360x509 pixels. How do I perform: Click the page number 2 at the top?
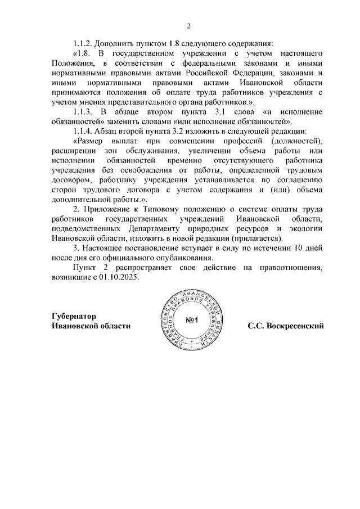[x=189, y=25]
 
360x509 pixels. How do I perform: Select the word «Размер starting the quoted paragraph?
[x=89, y=141]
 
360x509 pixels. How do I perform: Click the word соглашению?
[x=300, y=180]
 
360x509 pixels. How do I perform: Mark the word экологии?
[x=304, y=229]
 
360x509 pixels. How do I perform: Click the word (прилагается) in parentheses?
[x=260, y=238]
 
